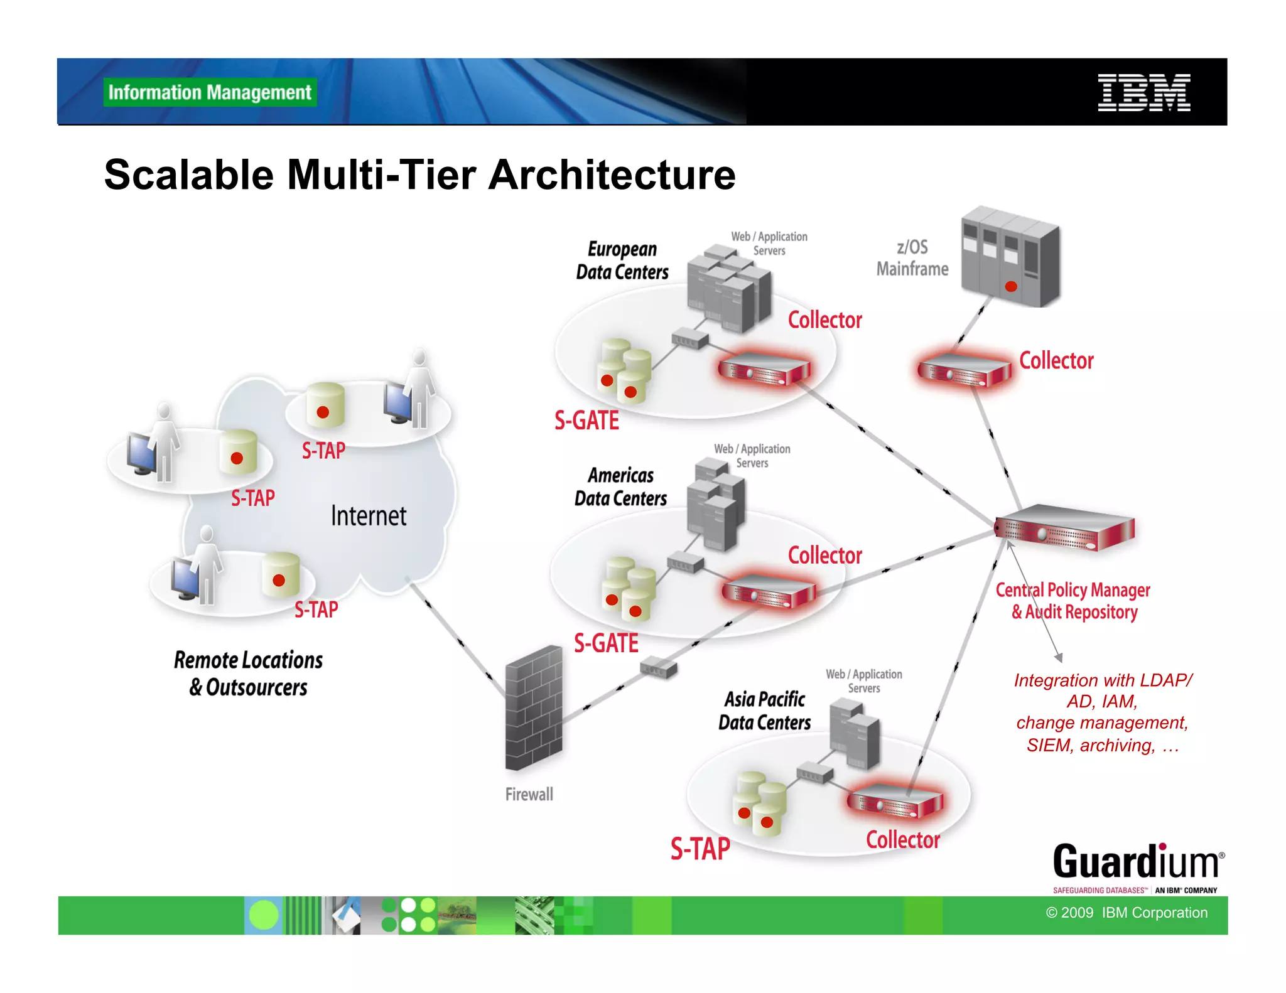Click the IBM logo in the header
pos(1143,92)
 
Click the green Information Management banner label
pos(210,92)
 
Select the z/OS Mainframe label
pos(912,258)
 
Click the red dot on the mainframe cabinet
pos(1011,287)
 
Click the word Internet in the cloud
pos(369,516)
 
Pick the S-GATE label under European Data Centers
pos(586,421)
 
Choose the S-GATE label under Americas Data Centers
pos(606,643)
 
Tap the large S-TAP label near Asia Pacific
pos(700,849)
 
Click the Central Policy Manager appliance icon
pos(1066,528)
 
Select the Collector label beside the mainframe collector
pos(1056,361)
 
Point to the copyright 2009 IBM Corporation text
pos(1127,913)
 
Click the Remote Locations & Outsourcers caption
pos(248,674)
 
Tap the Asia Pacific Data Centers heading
pos(764,711)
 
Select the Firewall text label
pos(529,795)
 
